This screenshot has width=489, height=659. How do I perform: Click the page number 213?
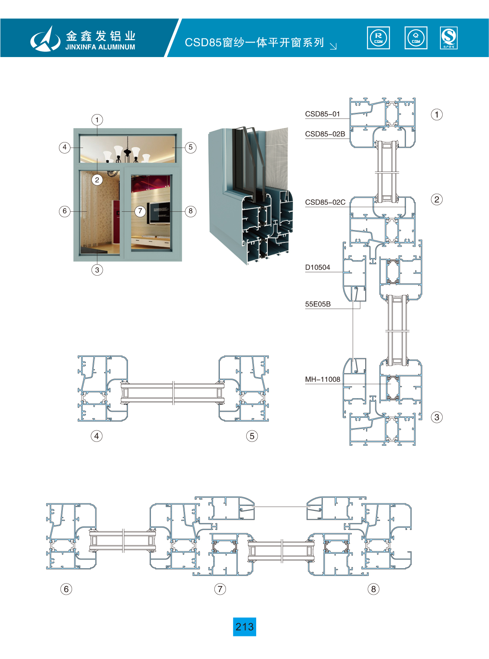coord(244,627)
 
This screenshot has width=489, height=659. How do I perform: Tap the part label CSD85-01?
coord(322,114)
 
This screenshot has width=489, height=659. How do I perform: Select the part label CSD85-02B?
coord(325,134)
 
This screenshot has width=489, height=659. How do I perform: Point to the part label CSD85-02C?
coord(325,202)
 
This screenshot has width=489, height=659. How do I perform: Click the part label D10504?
coord(317,267)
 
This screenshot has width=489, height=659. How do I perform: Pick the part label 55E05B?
coord(318,304)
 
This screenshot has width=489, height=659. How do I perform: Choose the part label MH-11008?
coord(322,379)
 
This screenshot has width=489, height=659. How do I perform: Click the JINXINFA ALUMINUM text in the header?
coord(100,47)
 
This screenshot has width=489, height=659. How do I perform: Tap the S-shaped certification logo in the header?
coord(449,38)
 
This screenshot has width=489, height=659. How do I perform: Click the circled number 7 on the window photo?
coord(140,211)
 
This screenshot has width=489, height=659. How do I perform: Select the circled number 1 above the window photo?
coord(97,120)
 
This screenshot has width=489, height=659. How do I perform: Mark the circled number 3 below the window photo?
coord(97,270)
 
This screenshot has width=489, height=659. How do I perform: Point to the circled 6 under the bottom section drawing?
coord(66,589)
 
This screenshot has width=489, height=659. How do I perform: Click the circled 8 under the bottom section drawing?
coord(373,589)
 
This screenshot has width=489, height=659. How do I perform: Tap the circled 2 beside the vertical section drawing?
coord(437,199)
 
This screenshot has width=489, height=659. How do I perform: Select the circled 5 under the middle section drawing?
coord(252,436)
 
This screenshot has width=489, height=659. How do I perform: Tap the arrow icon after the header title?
coord(333,46)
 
